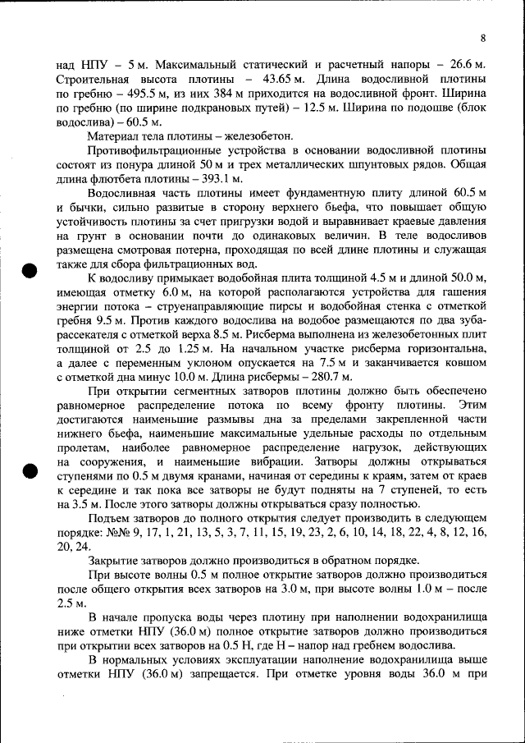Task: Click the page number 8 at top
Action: pos(483,38)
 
